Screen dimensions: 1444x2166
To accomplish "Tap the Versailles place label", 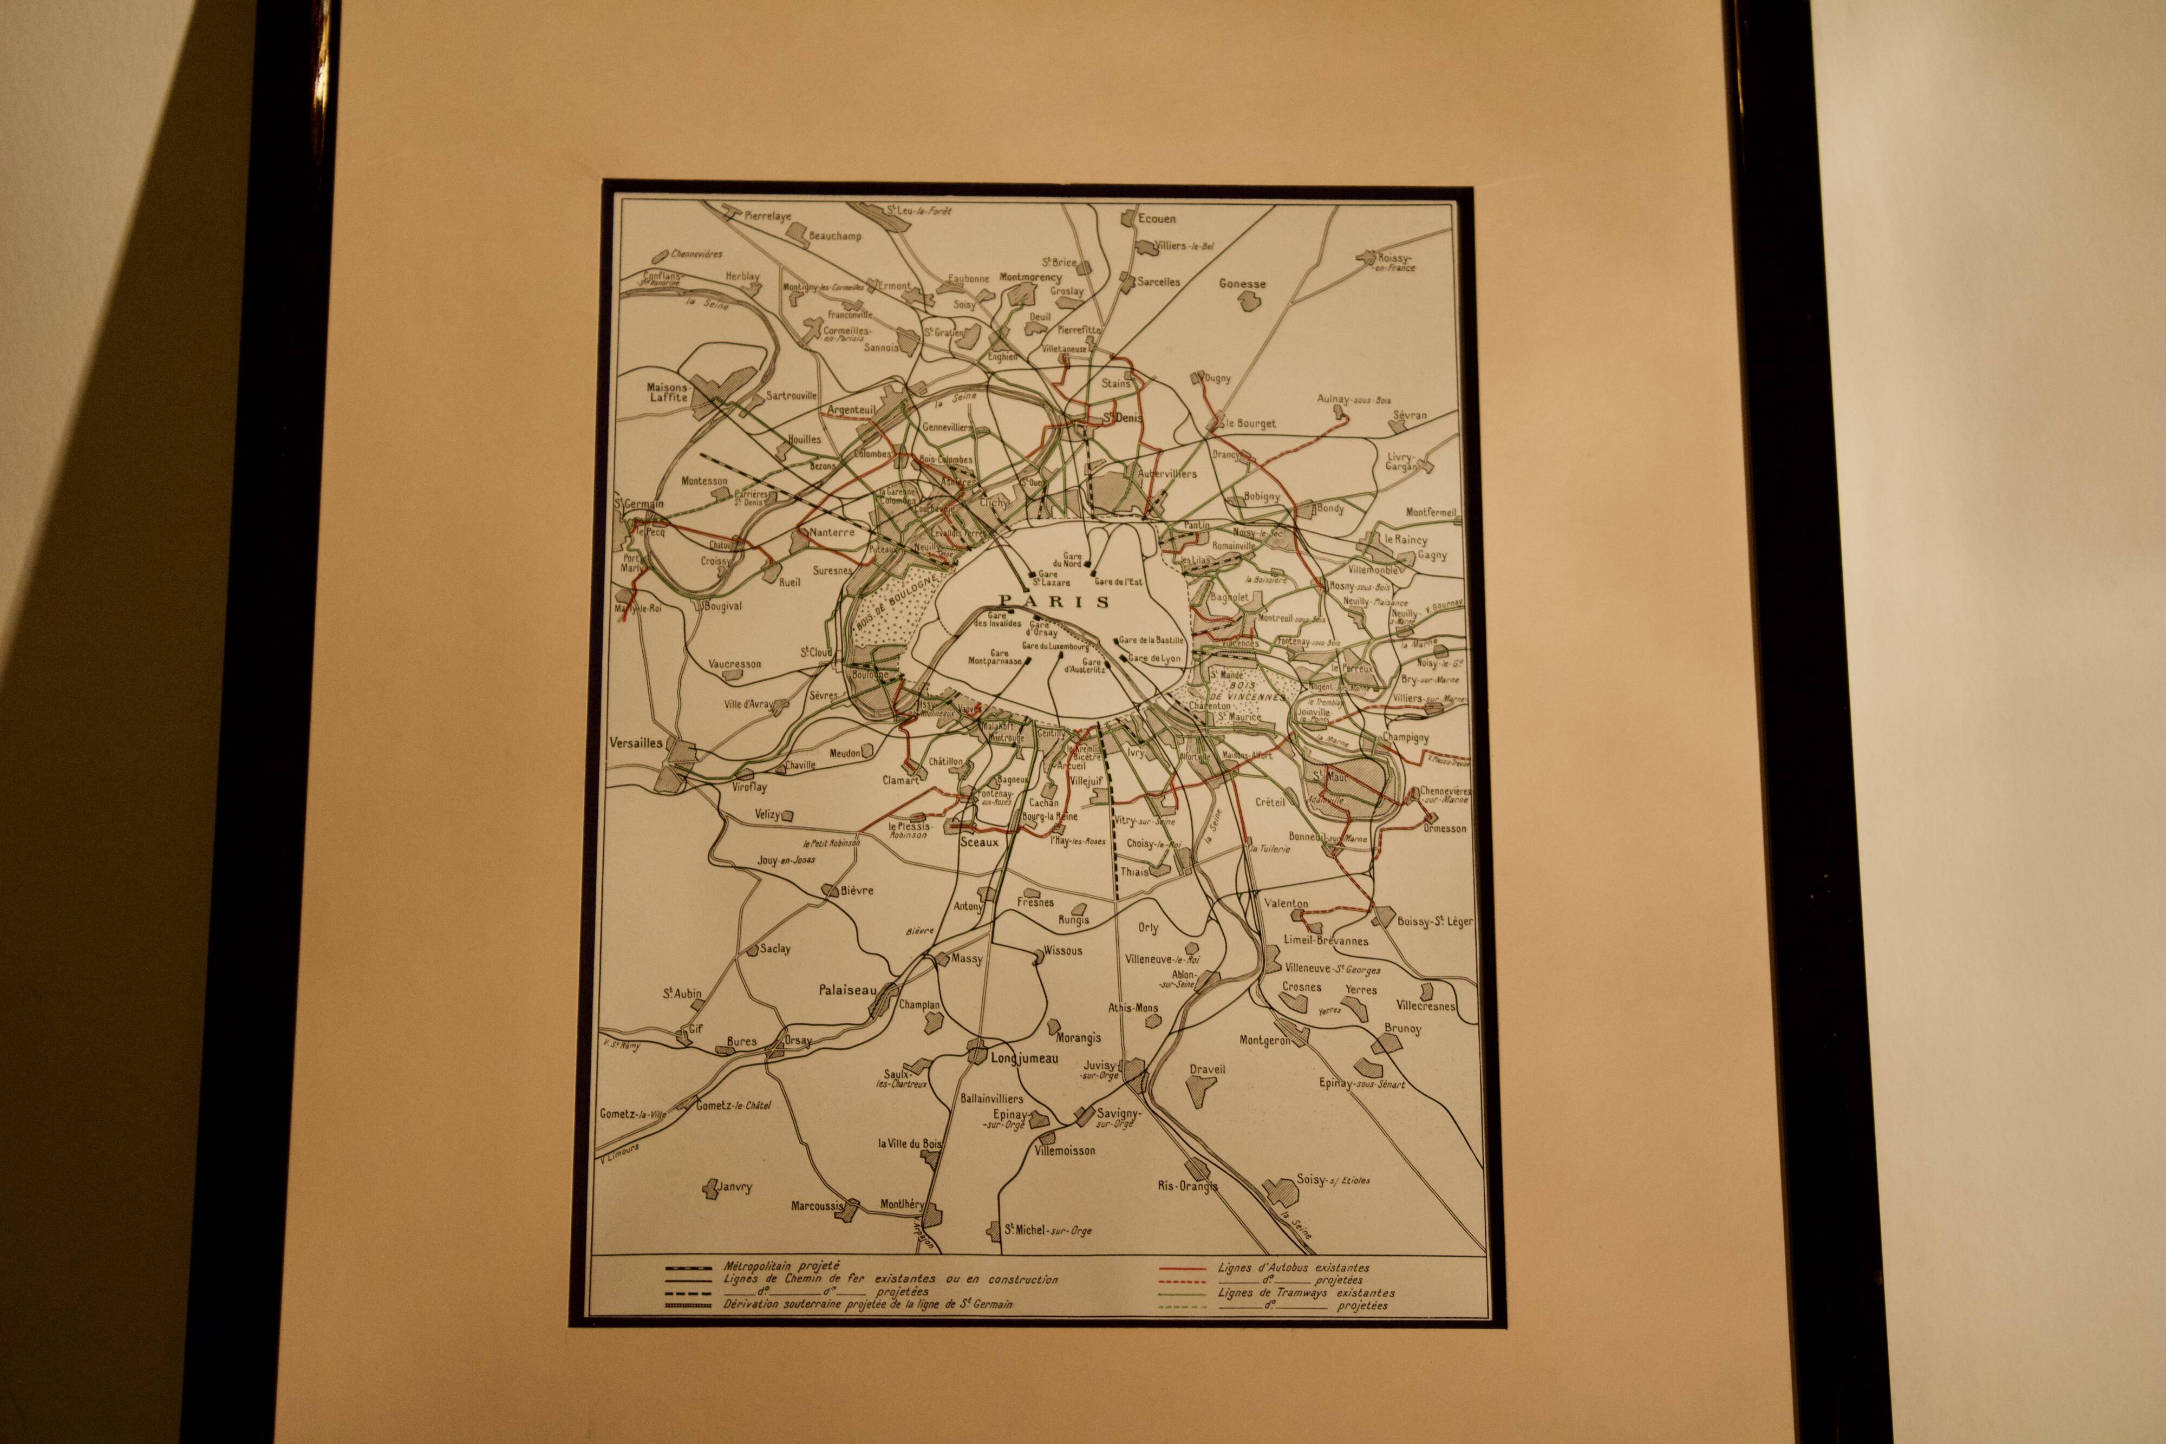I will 635,742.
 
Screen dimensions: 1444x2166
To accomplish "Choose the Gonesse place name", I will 1242,285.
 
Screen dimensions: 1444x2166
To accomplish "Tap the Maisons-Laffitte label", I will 668,393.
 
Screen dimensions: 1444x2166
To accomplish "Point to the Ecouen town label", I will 1157,219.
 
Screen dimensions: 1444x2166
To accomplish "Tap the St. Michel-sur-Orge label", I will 1048,1230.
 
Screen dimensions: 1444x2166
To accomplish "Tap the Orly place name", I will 1147,928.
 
